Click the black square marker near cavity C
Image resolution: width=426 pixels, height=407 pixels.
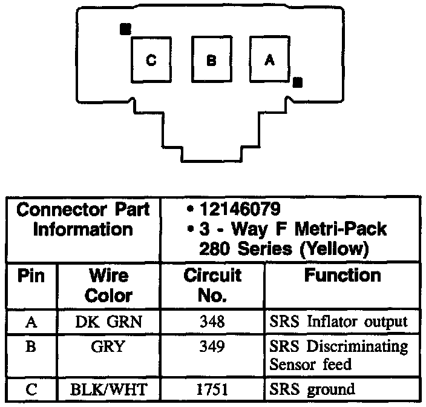(x=125, y=28)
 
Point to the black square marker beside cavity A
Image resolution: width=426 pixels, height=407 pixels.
(x=297, y=82)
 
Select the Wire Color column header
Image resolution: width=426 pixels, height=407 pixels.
(x=109, y=286)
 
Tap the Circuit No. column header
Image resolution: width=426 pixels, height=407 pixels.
(x=212, y=286)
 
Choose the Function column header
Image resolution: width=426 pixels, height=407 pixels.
(x=342, y=276)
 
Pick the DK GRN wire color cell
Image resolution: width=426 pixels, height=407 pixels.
(x=109, y=321)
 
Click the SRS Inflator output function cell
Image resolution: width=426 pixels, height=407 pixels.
(x=338, y=321)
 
